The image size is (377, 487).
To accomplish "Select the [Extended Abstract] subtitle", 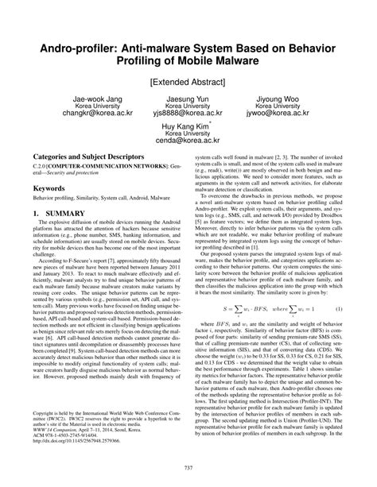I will (188, 81).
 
